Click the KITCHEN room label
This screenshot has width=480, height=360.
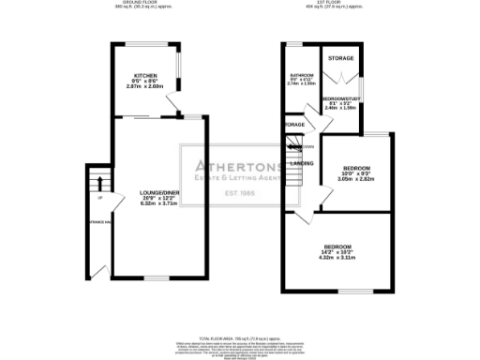[144, 75]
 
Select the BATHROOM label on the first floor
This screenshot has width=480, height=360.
[300, 74]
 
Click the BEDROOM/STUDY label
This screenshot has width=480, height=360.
[341, 97]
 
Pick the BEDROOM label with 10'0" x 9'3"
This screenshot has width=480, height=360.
[355, 167]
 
